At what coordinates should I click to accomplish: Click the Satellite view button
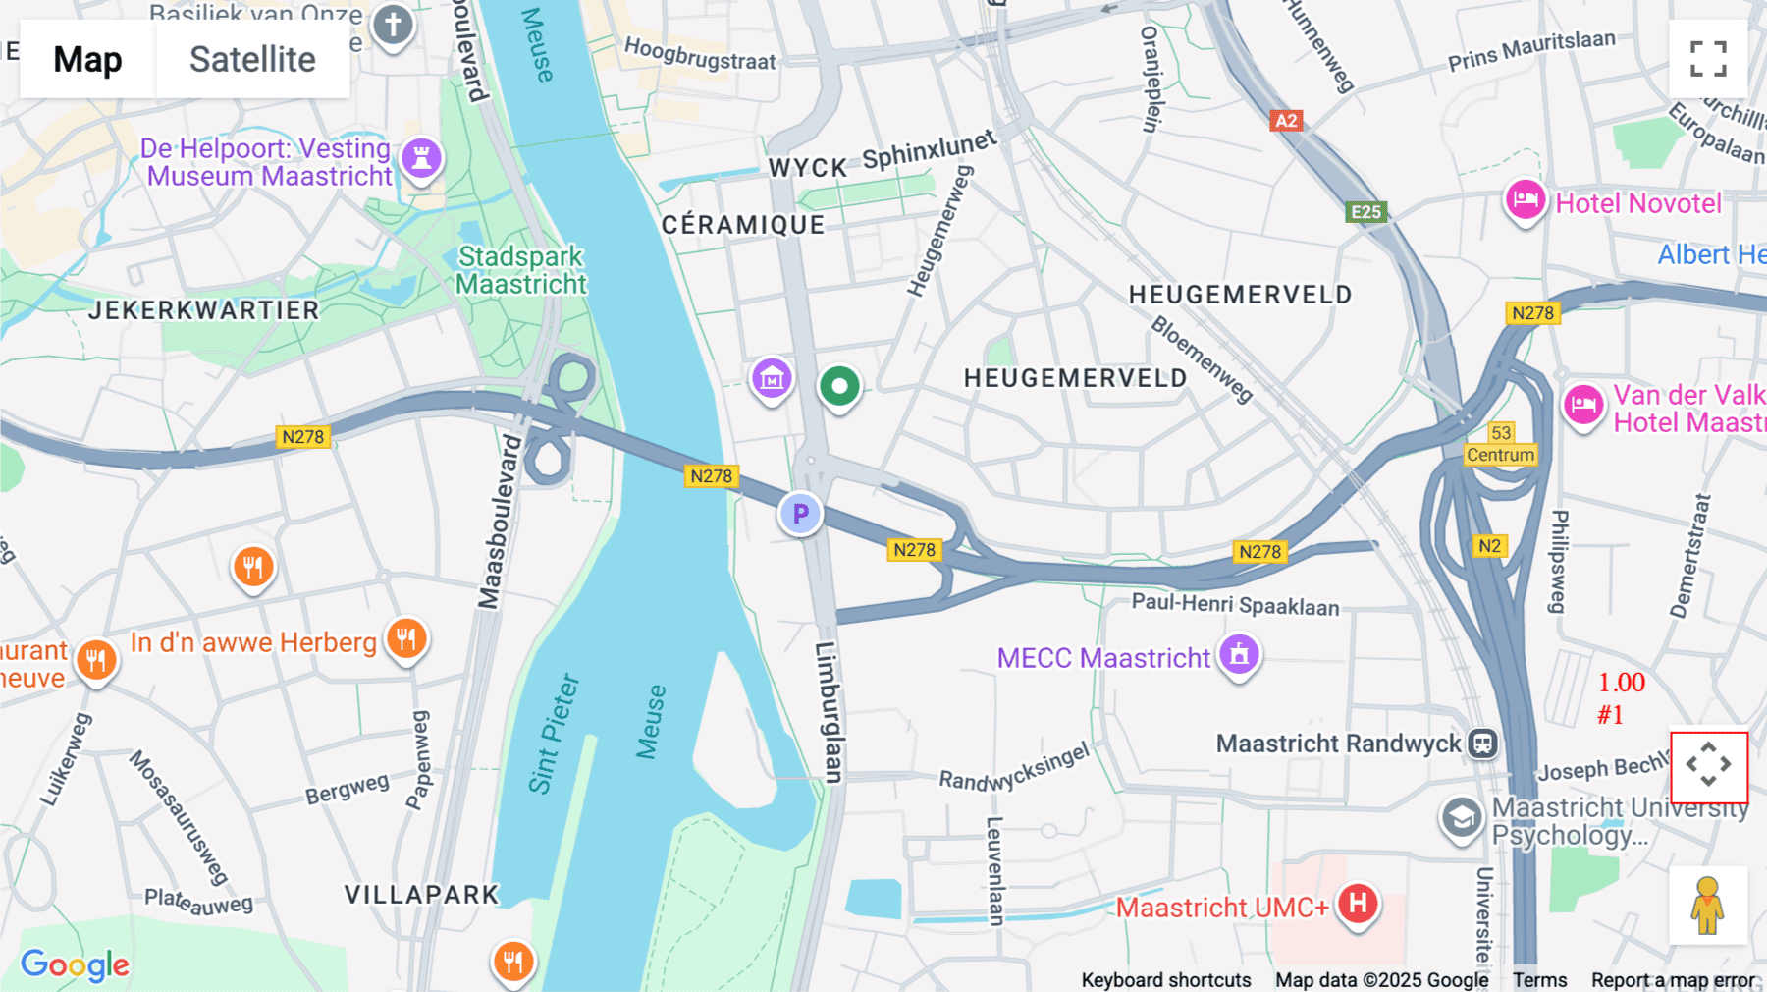click(x=252, y=59)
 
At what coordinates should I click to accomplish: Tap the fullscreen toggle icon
click(x=1708, y=59)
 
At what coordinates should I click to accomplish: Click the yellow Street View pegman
click(x=1708, y=906)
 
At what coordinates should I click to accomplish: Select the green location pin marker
click(x=839, y=386)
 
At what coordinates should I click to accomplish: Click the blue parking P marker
click(x=800, y=513)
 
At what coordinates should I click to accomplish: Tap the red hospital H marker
click(x=1358, y=902)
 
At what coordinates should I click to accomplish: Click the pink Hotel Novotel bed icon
click(x=1525, y=200)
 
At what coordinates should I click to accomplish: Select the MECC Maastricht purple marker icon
click(x=1239, y=653)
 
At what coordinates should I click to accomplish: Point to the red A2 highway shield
click(x=1285, y=121)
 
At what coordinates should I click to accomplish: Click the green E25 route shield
click(x=1365, y=211)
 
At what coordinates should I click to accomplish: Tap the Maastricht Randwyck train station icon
click(x=1482, y=744)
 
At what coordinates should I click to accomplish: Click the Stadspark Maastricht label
click(x=520, y=270)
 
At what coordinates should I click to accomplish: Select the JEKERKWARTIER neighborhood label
click(x=204, y=310)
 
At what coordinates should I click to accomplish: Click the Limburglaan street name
click(x=830, y=712)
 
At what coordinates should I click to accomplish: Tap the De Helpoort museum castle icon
click(x=421, y=157)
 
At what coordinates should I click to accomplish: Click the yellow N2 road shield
click(x=1489, y=546)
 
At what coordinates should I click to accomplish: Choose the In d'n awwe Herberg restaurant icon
click(x=405, y=638)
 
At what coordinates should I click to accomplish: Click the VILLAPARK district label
click(x=422, y=895)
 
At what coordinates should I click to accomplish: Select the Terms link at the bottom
click(x=1539, y=979)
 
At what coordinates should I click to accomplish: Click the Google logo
click(x=75, y=964)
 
